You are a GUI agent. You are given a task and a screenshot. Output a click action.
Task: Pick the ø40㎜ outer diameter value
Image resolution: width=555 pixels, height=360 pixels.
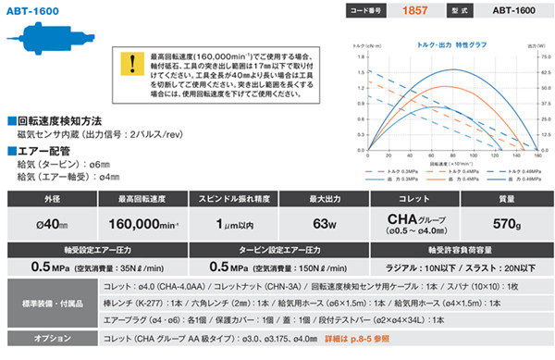click(50, 222)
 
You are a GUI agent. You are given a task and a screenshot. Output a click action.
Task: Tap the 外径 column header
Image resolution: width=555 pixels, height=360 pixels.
click(50, 199)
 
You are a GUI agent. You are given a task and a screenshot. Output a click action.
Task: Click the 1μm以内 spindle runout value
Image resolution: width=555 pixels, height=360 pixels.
click(238, 222)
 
